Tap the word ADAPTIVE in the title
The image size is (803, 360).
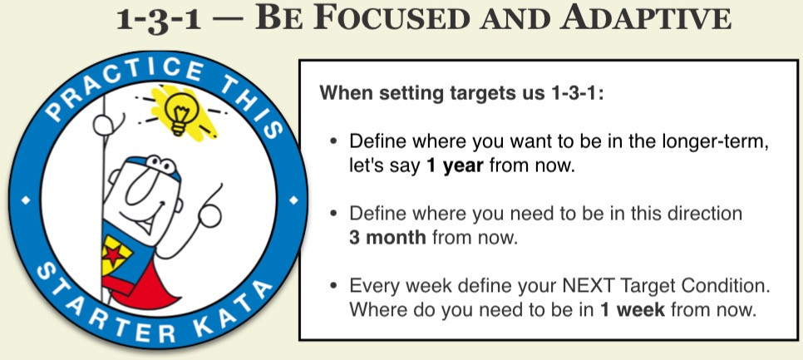pyautogui.click(x=645, y=19)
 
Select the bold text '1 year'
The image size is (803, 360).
pyautogui.click(x=455, y=166)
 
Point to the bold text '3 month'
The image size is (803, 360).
pyautogui.click(x=387, y=238)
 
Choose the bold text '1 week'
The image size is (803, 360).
pyautogui.click(x=632, y=310)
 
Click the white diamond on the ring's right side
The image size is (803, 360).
pyautogui.click(x=294, y=200)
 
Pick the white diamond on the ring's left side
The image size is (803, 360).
pyautogui.click(x=26, y=200)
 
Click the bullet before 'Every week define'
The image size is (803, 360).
pyautogui.click(x=334, y=286)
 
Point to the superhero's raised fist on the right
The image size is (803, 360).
pyautogui.click(x=209, y=215)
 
